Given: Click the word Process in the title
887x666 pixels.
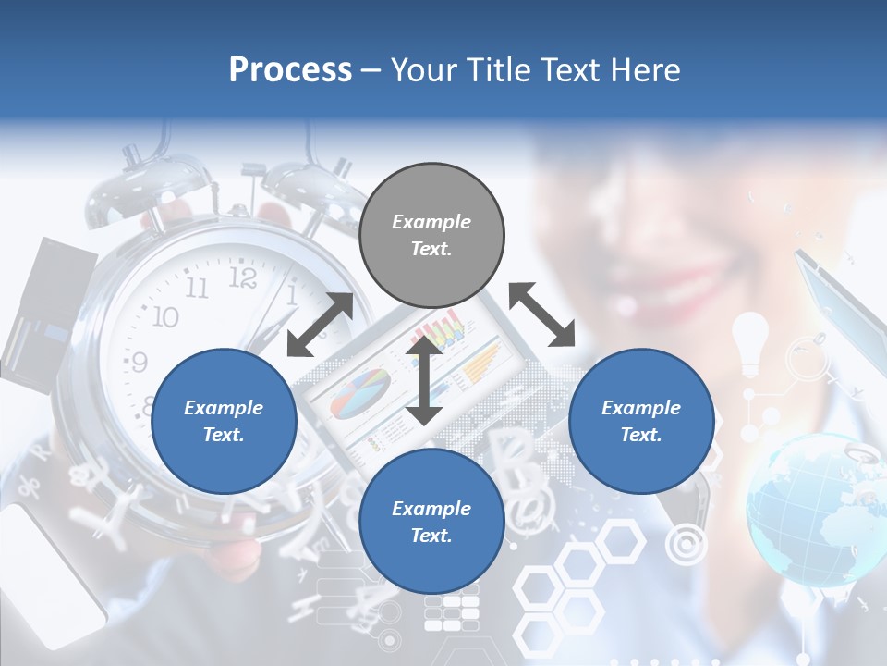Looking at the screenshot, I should [x=290, y=70].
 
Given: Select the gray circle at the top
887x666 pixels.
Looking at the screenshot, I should [x=431, y=236].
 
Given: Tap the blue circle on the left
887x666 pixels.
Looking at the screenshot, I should [x=224, y=421].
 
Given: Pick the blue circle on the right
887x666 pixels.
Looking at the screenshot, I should [x=641, y=421].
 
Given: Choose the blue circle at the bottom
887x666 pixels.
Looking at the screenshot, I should [x=431, y=522].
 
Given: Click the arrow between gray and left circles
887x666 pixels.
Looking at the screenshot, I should [x=320, y=325].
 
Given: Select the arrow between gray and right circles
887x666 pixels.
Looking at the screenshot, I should [x=541, y=314].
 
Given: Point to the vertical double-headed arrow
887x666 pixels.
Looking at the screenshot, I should [x=424, y=381].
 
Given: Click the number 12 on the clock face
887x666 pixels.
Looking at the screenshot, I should [x=242, y=277].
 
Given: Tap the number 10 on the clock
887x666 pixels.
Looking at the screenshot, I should [x=164, y=317].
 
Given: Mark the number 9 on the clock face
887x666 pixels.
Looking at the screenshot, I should [x=140, y=361].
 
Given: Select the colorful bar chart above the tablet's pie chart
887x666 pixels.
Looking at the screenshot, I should [x=440, y=331].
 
